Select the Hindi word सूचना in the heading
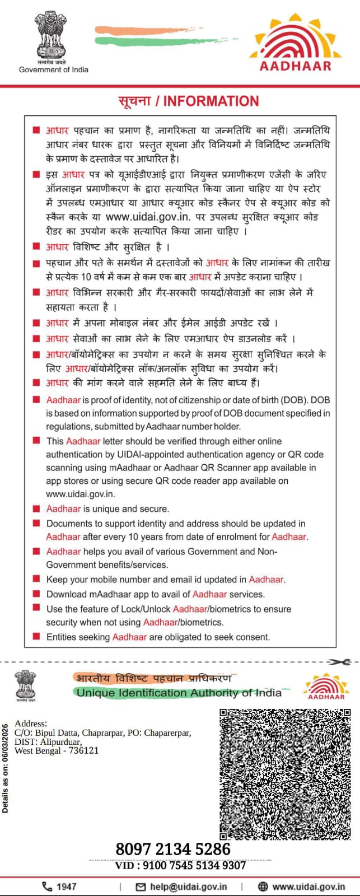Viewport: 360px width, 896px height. [134, 101]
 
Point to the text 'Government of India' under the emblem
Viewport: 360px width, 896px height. [54, 69]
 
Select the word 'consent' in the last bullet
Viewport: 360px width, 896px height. [254, 637]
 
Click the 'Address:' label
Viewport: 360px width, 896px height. [31, 724]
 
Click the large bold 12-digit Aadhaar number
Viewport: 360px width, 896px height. [173, 849]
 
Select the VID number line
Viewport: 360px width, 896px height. [180, 865]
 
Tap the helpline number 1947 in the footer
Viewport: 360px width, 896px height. [66, 886]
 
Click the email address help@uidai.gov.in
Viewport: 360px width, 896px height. [188, 886]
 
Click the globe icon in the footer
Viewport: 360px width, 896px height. [263, 886]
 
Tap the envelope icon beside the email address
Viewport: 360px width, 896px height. [141, 886]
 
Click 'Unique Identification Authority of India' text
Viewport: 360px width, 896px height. [179, 693]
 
